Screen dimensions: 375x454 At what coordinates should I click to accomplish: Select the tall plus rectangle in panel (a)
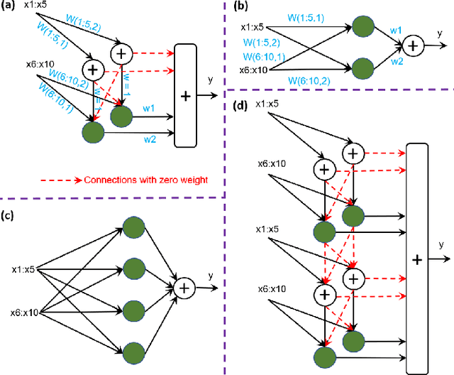186,95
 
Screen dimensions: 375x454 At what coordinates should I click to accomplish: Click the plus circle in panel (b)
415,46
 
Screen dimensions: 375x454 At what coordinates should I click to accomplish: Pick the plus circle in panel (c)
185,288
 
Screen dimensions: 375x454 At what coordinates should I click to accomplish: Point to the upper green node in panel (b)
362,28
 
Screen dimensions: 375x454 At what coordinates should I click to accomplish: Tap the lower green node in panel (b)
362,69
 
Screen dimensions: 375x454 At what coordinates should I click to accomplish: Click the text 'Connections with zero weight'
145,180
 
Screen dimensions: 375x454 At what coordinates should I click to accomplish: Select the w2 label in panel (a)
149,138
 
